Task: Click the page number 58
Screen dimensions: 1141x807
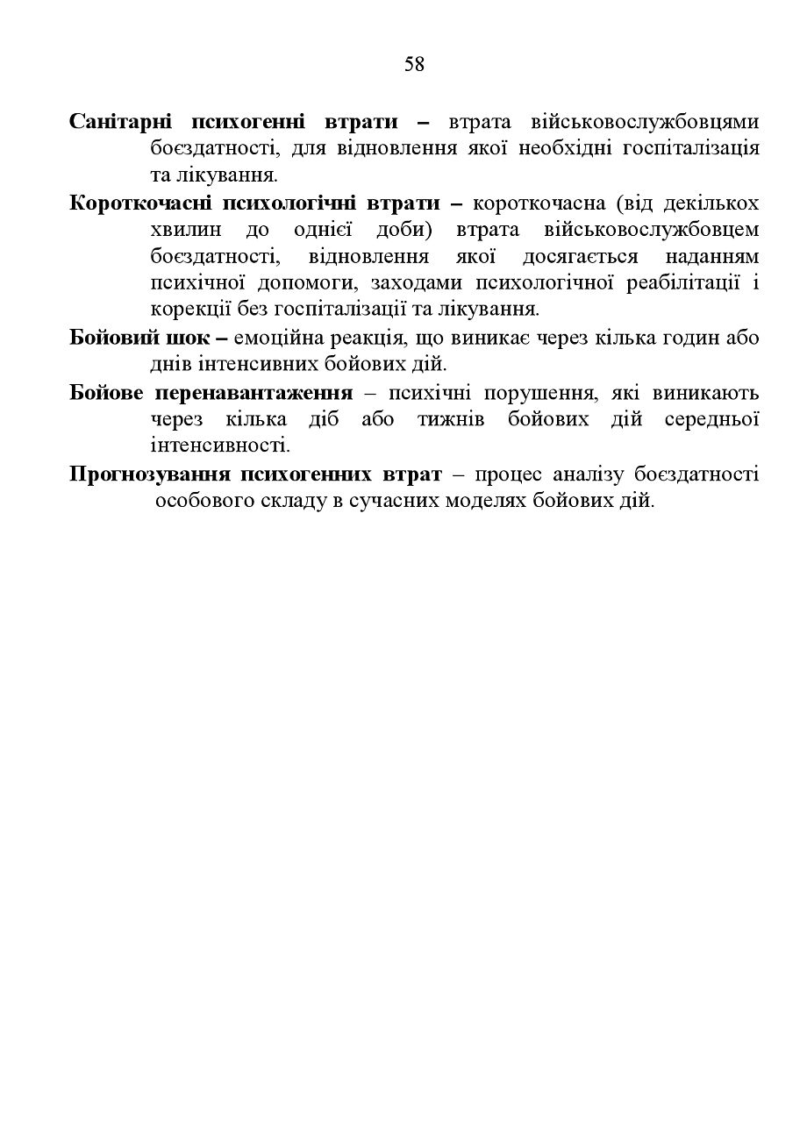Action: pos(414,64)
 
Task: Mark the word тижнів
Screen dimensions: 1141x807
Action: pos(453,418)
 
